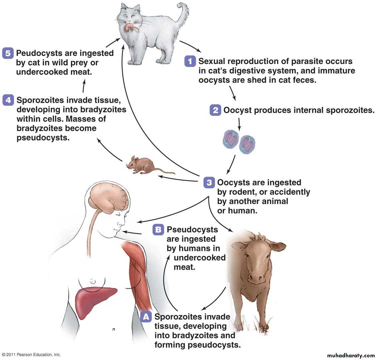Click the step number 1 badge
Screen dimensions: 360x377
(190, 62)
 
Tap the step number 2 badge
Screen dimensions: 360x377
(215, 110)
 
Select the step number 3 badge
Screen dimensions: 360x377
(209, 183)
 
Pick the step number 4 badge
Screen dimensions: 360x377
(8, 100)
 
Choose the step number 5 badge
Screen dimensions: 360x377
(8, 53)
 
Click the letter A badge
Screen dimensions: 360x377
(146, 317)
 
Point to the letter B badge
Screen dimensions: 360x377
(158, 230)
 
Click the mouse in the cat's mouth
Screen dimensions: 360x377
(130, 28)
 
